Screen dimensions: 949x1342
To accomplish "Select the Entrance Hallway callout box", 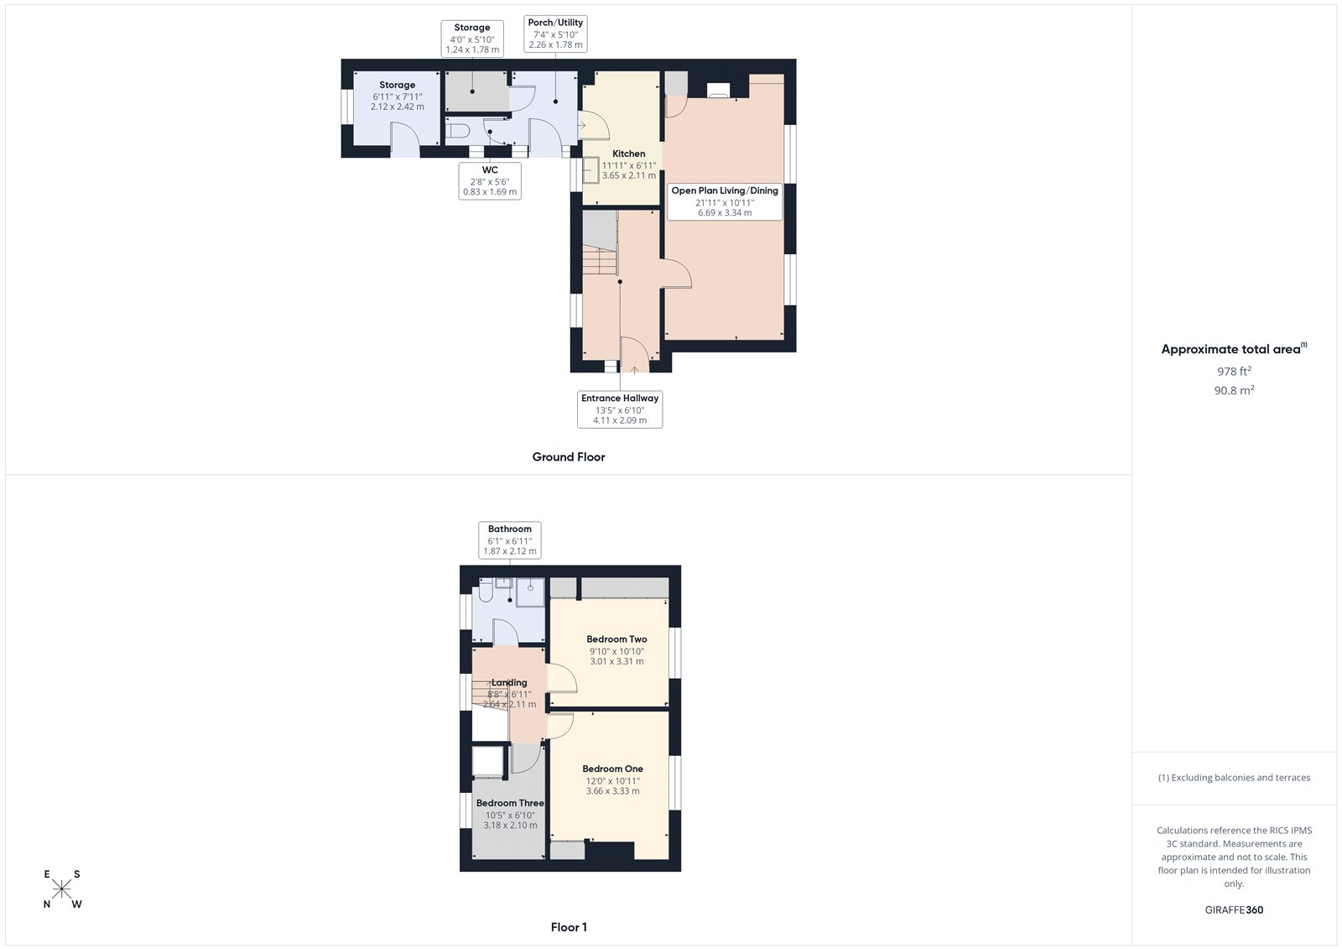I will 620,409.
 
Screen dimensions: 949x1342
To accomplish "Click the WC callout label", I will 491,180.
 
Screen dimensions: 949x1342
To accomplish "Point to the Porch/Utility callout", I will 555,34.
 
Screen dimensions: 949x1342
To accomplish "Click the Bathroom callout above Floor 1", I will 510,540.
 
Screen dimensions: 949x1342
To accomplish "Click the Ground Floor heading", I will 569,457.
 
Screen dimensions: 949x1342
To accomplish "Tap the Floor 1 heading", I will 569,927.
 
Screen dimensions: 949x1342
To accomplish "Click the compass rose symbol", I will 62,889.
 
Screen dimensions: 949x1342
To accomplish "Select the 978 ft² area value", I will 1234,371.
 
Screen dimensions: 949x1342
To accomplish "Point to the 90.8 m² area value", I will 1234,390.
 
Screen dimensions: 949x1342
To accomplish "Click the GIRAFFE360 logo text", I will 1234,910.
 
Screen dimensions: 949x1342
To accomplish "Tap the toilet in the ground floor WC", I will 457,132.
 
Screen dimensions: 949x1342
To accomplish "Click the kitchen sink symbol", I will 592,169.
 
